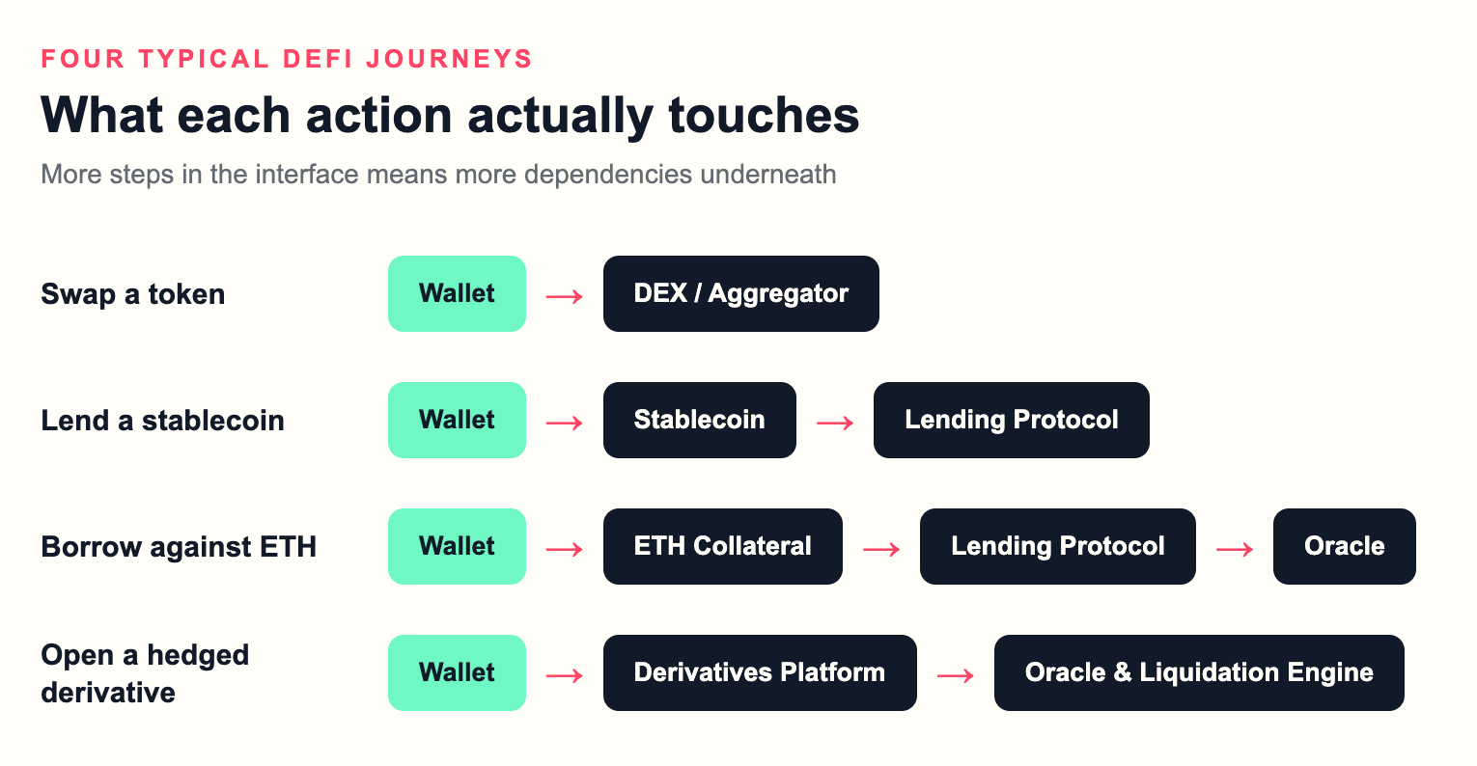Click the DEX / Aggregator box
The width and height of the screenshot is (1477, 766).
[x=740, y=293]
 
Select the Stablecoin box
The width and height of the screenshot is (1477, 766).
[x=700, y=420]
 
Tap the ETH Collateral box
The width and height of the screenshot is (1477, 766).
[x=723, y=546]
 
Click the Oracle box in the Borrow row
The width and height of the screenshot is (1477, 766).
[x=1344, y=546]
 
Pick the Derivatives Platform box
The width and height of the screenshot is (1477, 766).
[x=760, y=672]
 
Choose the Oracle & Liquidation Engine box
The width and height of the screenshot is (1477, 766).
[x=1199, y=672]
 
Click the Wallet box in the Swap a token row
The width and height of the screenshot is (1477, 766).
[x=457, y=293]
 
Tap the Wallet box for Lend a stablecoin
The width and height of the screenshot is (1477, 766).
[x=457, y=420]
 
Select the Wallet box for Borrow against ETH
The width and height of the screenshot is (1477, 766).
[x=457, y=546]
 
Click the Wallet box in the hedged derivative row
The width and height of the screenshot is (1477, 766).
[x=457, y=672]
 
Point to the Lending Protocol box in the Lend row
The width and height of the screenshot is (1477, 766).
[x=1012, y=420]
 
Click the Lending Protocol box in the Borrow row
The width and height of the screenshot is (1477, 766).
[x=1058, y=546]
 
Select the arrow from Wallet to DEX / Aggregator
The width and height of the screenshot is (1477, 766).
[x=565, y=296]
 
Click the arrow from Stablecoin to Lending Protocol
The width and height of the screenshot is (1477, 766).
[x=835, y=423]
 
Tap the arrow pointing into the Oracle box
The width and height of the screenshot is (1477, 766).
[x=1235, y=549]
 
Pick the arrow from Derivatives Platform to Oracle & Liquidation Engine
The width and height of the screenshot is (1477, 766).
[x=956, y=675]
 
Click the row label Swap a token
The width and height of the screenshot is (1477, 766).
[x=132, y=294]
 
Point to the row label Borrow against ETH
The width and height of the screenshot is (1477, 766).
[x=179, y=547]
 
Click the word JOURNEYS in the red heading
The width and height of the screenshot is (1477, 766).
[x=449, y=59]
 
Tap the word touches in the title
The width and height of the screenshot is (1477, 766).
[x=764, y=116]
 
